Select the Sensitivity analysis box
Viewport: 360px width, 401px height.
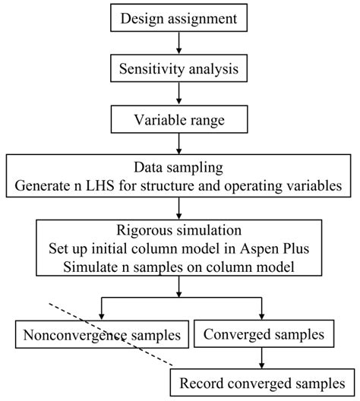pyautogui.click(x=179, y=69)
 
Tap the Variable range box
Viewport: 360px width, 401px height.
pyautogui.click(x=179, y=119)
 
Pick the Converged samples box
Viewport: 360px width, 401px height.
pyautogui.click(x=261, y=333)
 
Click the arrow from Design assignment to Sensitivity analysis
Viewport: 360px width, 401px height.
pyautogui.click(x=179, y=45)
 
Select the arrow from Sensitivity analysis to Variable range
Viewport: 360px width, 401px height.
pyautogui.click(x=179, y=94)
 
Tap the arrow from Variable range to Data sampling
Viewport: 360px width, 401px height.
pyautogui.click(x=179, y=144)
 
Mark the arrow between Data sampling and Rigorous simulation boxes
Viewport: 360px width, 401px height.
pyautogui.click(x=179, y=207)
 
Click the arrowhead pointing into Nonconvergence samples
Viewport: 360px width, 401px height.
pyautogui.click(x=98, y=314)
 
